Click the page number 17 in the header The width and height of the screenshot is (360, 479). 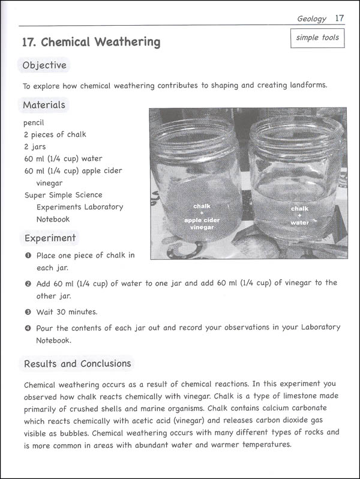click(x=339, y=18)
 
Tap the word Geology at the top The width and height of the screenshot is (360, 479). click(x=312, y=19)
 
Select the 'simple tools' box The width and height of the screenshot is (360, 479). click(x=317, y=38)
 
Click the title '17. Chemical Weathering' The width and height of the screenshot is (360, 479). click(x=91, y=42)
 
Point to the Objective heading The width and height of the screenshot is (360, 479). click(x=44, y=65)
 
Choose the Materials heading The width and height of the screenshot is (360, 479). click(x=44, y=105)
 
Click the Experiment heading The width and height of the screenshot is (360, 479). click(x=50, y=238)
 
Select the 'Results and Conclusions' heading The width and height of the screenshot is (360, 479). click(x=77, y=363)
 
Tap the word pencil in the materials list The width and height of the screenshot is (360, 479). click(x=34, y=122)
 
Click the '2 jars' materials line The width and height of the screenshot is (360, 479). click(x=35, y=146)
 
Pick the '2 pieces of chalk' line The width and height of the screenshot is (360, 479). click(x=52, y=134)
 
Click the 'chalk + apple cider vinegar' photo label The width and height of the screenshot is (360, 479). click(x=202, y=217)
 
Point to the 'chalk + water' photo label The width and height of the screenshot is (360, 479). click(x=299, y=215)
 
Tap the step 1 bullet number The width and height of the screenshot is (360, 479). click(x=28, y=256)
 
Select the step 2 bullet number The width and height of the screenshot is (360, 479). click(x=28, y=283)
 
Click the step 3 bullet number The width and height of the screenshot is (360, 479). click(x=28, y=312)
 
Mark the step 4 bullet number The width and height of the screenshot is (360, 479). click(x=28, y=328)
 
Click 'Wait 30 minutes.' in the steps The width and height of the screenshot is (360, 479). click(x=67, y=312)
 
